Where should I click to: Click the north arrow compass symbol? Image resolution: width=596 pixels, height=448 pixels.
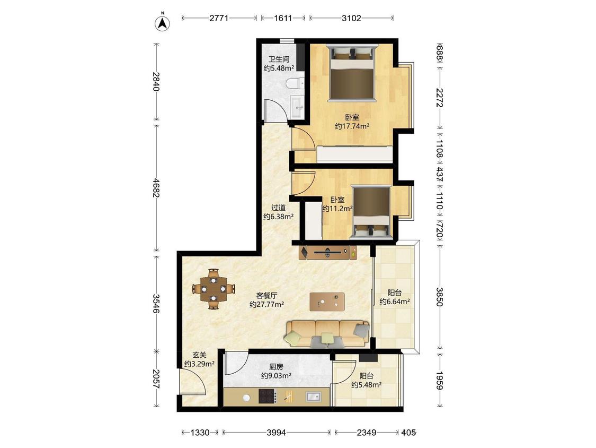click(x=162, y=23)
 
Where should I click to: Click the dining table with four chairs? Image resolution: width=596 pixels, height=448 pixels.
click(x=214, y=289)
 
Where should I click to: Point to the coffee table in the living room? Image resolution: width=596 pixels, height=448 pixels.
click(x=327, y=301)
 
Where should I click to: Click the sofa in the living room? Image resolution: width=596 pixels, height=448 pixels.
click(x=327, y=333)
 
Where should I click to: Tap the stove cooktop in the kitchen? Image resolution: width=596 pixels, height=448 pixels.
click(x=268, y=396)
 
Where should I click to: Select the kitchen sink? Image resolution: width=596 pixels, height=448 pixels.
click(x=313, y=397)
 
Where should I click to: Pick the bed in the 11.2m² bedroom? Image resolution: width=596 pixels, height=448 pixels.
click(x=371, y=212)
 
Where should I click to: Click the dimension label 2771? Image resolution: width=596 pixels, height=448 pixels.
click(x=219, y=18)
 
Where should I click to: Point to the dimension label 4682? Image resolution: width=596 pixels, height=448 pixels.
click(x=156, y=188)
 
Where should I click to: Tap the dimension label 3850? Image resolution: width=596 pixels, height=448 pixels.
click(x=439, y=297)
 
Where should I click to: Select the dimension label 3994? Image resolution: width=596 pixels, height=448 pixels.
click(x=277, y=433)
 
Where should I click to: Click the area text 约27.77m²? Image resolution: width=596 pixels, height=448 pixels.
click(x=267, y=304)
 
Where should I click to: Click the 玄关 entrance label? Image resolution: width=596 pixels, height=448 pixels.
click(x=199, y=355)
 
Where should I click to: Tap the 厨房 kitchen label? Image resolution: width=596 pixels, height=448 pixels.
click(x=277, y=367)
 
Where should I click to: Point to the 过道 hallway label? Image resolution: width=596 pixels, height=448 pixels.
click(x=279, y=208)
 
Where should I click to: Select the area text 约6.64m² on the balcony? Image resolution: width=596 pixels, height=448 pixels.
click(x=395, y=301)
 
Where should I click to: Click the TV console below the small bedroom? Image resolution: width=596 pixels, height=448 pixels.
click(x=328, y=252)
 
